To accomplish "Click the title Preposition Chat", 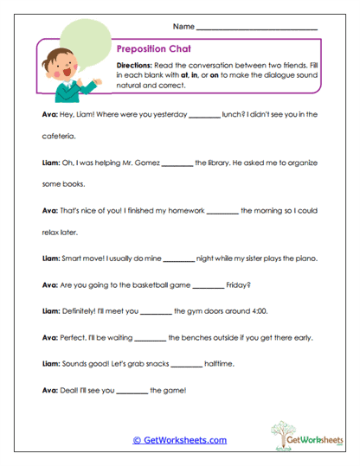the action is tap(153, 50).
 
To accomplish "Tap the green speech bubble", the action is tap(82, 39).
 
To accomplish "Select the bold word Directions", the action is tap(135, 66).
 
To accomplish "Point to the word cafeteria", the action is tap(60, 137).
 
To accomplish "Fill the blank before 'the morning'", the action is tap(222, 210).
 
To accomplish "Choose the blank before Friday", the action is tap(209, 285).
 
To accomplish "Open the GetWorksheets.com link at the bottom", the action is tap(180, 440).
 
